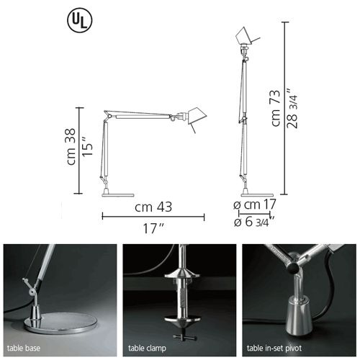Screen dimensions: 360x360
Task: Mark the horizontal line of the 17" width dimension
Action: [153, 216]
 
